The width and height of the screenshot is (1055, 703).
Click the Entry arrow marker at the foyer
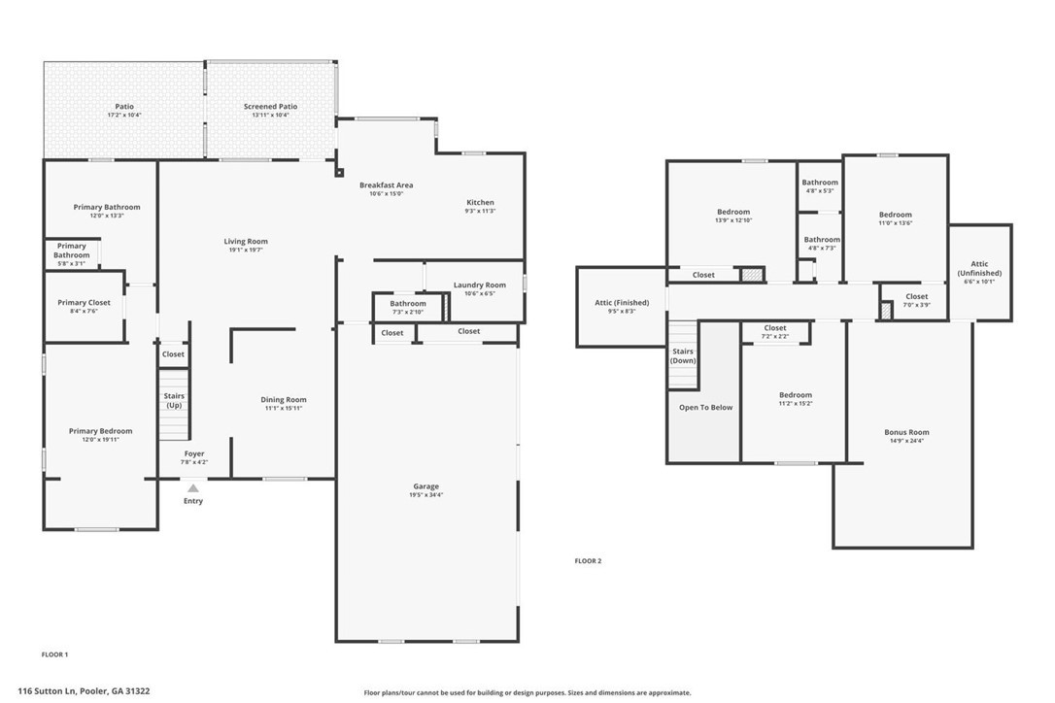tap(193, 488)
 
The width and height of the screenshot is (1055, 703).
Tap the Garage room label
tap(425, 486)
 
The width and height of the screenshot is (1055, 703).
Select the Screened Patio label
tap(270, 107)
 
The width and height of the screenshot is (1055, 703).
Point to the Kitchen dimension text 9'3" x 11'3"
tap(480, 211)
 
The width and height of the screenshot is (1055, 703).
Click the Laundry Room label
tap(479, 285)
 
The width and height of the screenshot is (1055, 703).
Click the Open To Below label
tap(705, 408)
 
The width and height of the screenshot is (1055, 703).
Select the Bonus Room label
tap(905, 432)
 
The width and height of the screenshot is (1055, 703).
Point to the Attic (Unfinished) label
tap(978, 268)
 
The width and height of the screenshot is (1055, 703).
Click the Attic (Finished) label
tap(622, 303)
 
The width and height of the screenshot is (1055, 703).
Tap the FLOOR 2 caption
tap(588, 560)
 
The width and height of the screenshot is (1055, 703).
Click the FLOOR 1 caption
tap(54, 654)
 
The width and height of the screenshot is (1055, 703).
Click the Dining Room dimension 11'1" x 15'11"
tap(283, 408)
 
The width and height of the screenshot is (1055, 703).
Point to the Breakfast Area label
tap(386, 184)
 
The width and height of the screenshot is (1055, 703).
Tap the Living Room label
tap(245, 242)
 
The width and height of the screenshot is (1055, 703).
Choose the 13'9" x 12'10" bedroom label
tap(733, 220)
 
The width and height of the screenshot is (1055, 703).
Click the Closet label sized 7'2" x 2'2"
tap(774, 336)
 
